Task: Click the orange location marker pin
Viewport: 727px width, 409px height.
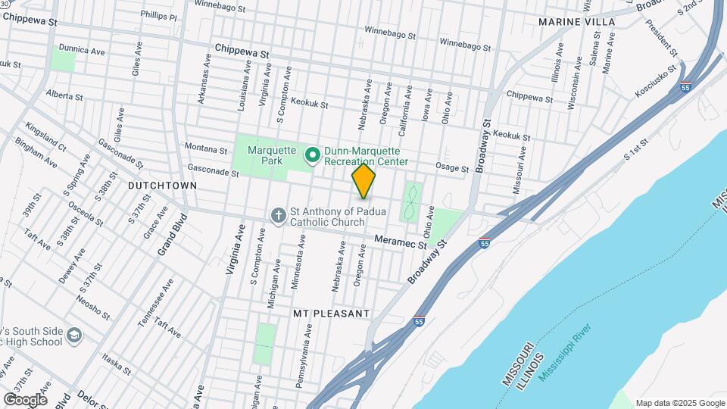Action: coord(363,180)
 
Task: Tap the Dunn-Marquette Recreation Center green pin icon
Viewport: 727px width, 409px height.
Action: coord(311,156)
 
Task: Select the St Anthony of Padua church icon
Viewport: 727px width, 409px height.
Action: coord(278,216)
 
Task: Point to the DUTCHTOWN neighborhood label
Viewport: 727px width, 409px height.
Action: coord(162,186)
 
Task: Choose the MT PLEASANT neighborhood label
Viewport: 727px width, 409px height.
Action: coord(331,313)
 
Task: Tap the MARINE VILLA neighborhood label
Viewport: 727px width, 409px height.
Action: coord(577,22)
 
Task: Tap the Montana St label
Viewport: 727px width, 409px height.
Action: coord(206,150)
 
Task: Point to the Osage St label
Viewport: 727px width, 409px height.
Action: coord(451,166)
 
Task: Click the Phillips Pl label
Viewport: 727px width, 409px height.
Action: coord(158,17)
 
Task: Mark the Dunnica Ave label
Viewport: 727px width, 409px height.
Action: coord(81,50)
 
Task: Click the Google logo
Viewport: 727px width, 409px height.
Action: coord(25,399)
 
